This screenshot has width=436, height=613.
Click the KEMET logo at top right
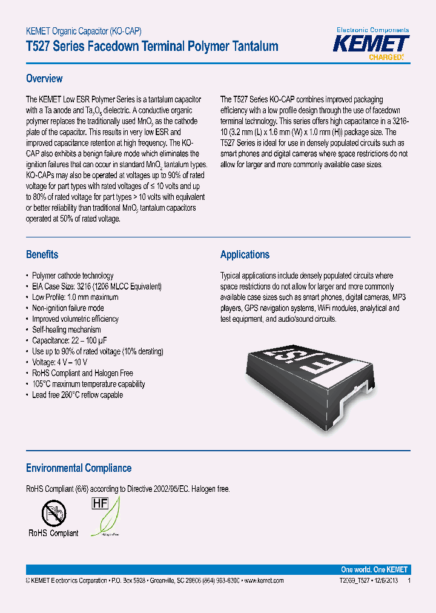(372, 44)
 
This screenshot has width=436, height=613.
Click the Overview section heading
(44, 79)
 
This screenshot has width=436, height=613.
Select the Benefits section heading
(42, 254)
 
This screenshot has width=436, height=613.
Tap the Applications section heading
(245, 254)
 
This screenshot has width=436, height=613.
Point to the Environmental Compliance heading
(79, 468)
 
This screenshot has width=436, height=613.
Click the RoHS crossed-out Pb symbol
(53, 514)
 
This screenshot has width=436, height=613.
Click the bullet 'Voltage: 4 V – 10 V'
(60, 362)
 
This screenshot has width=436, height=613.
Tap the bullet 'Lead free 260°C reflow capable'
(78, 395)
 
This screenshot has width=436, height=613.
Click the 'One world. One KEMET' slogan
(374, 569)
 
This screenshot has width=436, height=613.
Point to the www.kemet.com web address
(263, 580)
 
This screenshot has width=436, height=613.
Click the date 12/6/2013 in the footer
(383, 580)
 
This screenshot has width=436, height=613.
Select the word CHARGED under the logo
(385, 58)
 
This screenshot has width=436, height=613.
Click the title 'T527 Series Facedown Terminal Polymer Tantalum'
(152, 46)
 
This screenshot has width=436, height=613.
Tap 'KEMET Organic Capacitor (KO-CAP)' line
(84, 31)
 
